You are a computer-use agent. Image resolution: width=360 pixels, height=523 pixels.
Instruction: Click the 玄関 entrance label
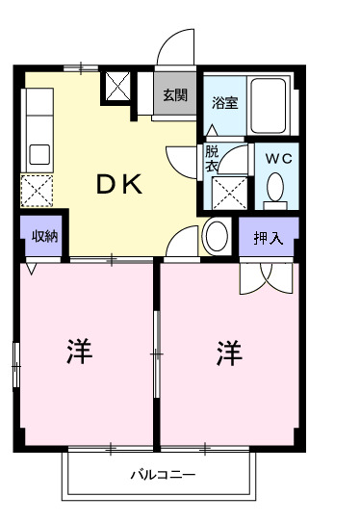[174, 94]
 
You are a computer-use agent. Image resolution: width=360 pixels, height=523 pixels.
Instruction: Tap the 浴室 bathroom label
[225, 102]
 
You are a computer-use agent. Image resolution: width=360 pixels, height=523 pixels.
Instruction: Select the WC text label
[278, 157]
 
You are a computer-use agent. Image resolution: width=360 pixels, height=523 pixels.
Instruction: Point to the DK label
[119, 185]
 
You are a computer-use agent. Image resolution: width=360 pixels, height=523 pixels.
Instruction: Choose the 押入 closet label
[269, 238]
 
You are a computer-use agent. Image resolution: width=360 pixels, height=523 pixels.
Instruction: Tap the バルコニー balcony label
[163, 476]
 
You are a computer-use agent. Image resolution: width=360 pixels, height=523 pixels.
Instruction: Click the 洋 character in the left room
[80, 353]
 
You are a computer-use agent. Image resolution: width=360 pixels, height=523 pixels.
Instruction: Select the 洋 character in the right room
[229, 353]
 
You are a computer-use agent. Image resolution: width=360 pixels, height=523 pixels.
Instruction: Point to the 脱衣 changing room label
[211, 158]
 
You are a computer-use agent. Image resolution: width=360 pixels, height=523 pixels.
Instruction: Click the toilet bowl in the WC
[277, 186]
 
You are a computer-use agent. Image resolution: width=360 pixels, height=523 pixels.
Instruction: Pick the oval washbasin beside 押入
[216, 235]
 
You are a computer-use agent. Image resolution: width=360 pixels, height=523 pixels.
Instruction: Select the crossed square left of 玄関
[120, 87]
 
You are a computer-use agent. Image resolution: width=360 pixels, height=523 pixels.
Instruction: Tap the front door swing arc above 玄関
[176, 46]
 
